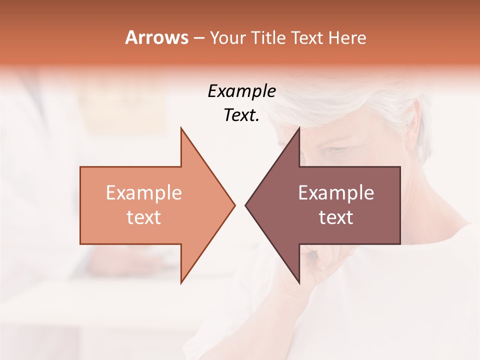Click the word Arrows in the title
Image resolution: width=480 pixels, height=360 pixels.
pyautogui.click(x=156, y=37)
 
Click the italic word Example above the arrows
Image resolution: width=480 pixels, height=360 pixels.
pyautogui.click(x=241, y=91)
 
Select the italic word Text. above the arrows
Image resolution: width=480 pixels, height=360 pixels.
pyautogui.click(x=241, y=115)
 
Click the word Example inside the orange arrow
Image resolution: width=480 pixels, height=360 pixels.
pyautogui.click(x=143, y=193)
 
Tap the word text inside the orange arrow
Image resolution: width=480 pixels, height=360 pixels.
pyautogui.click(x=143, y=217)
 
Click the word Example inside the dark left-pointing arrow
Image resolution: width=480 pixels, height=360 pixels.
pyautogui.click(x=336, y=193)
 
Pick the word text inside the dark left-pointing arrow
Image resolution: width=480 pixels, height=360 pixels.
pyautogui.click(x=336, y=217)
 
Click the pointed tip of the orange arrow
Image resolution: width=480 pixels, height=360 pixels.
pyautogui.click(x=234, y=205)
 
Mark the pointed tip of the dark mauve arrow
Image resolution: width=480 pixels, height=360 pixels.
pyautogui.click(x=246, y=205)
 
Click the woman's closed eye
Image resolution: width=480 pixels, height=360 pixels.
pyautogui.click(x=334, y=150)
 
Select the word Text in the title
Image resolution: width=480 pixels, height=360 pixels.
pyautogui.click(x=307, y=38)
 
